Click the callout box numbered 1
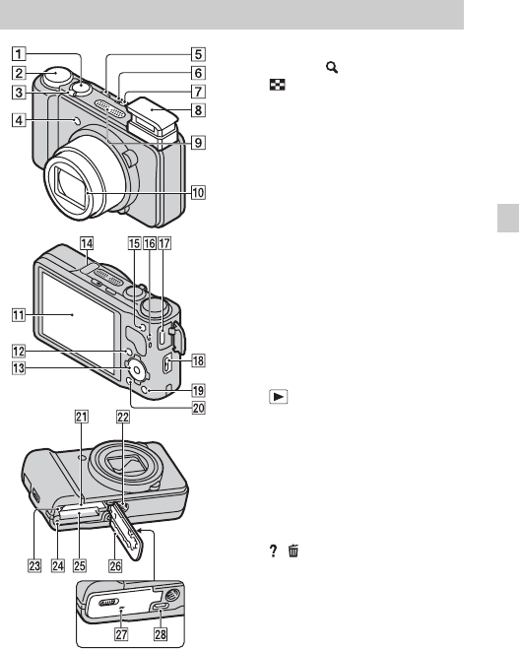pos(19,54)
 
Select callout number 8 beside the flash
pos(198,110)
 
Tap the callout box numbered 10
pos(198,192)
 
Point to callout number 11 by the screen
pos(19,315)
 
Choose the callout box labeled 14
pos(87,243)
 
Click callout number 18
pos(198,360)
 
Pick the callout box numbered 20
pos(198,408)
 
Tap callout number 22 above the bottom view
pos(123,417)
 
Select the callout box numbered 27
pos(121,633)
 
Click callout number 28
pos(161,633)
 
